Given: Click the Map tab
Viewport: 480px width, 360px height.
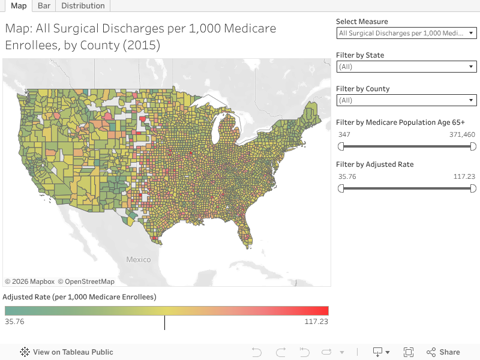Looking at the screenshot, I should coord(19,5).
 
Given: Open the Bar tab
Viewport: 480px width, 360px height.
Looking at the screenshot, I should coord(44,5).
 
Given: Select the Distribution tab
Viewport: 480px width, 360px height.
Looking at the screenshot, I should coord(83,5).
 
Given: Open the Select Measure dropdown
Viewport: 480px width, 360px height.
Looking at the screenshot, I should coord(407,33).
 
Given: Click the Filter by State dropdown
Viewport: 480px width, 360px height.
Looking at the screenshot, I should coord(407,67).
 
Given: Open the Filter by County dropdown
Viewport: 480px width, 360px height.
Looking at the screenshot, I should coord(407,100).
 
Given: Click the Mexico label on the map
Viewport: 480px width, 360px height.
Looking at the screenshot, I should coord(138,260).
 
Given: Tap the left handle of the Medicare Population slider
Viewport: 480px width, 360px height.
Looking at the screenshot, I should coord(341,146).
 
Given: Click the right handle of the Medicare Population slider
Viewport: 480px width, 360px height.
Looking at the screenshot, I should coord(473,146).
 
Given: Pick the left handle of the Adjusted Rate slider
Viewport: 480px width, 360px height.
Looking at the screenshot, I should coord(341,188).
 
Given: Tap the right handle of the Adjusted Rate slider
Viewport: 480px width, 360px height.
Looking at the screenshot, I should coord(473,188).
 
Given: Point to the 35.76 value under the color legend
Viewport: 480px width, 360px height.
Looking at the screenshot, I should coord(14,322).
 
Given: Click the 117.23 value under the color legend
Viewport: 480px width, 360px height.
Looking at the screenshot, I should coord(316,322).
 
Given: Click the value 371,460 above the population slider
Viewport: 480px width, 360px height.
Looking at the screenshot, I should coord(462,134).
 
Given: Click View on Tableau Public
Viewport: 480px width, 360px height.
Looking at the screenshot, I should coord(67,352).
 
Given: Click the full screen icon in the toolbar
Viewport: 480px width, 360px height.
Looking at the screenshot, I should coord(409,352).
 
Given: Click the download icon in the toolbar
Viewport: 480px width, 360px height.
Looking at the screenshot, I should coord(378,352).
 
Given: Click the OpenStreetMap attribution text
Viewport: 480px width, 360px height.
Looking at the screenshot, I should coord(89,281).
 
